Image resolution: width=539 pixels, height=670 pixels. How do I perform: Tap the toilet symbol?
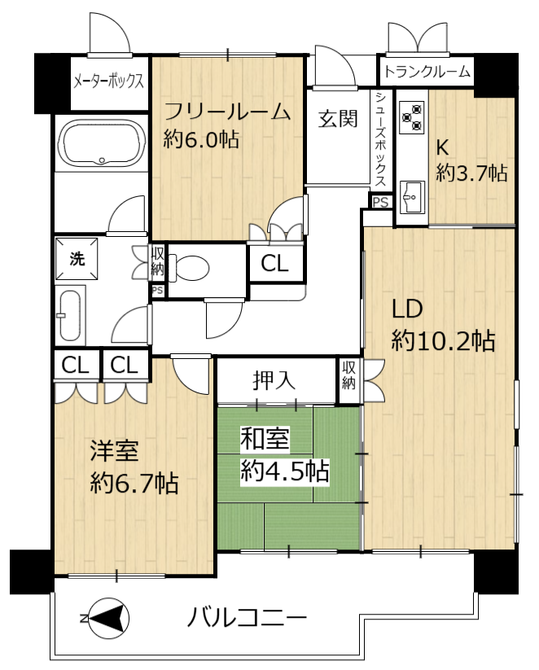coord(189,269)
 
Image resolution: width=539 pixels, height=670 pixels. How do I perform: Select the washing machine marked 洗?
coord(77,259)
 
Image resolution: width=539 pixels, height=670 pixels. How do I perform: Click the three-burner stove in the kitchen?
coord(412,116)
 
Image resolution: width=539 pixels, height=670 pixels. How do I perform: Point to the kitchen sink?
coord(412,197)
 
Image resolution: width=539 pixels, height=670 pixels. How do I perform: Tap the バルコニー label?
coord(247,618)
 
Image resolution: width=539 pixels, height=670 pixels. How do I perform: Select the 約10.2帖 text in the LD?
coord(443,341)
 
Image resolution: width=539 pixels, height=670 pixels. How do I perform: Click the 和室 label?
coord(265,439)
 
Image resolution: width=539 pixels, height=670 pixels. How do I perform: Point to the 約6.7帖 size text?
coord(134,484)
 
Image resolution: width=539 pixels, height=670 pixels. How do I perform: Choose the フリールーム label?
coord(227,112)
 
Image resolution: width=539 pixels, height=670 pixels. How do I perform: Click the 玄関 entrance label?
coord(338,118)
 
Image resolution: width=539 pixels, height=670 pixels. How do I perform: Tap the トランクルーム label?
coord(427,72)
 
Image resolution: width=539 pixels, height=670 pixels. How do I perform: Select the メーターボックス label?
coord(108,81)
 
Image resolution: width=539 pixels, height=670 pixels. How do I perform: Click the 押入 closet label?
coord(274,380)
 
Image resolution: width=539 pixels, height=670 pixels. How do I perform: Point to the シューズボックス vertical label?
coord(380,139)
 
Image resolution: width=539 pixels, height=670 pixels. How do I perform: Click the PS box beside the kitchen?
coord(380,202)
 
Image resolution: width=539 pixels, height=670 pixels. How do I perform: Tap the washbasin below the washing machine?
coord(70,315)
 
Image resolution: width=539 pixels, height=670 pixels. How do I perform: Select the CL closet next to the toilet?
coord(275,263)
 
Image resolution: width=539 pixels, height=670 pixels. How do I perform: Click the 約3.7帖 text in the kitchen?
coord(472,173)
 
